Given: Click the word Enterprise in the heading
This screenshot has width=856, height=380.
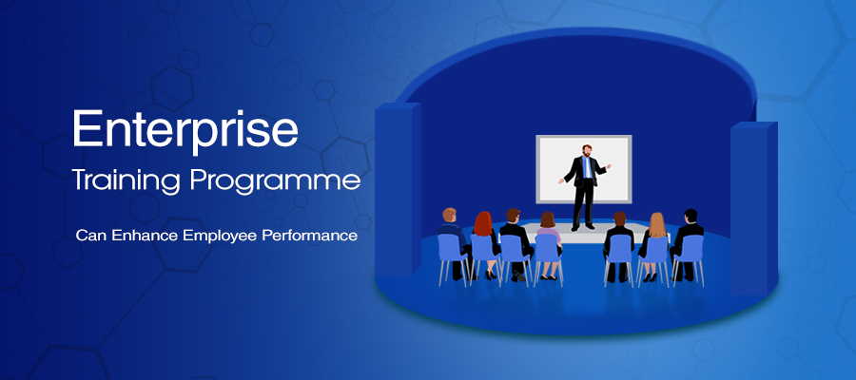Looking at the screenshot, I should click(x=185, y=129).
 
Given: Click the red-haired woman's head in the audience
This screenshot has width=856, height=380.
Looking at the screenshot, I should click(x=484, y=222).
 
